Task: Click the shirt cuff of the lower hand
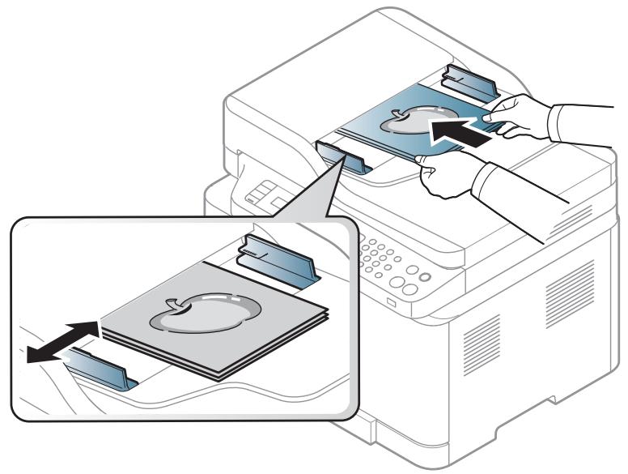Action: click(x=502, y=182)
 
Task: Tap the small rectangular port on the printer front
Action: click(x=392, y=303)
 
